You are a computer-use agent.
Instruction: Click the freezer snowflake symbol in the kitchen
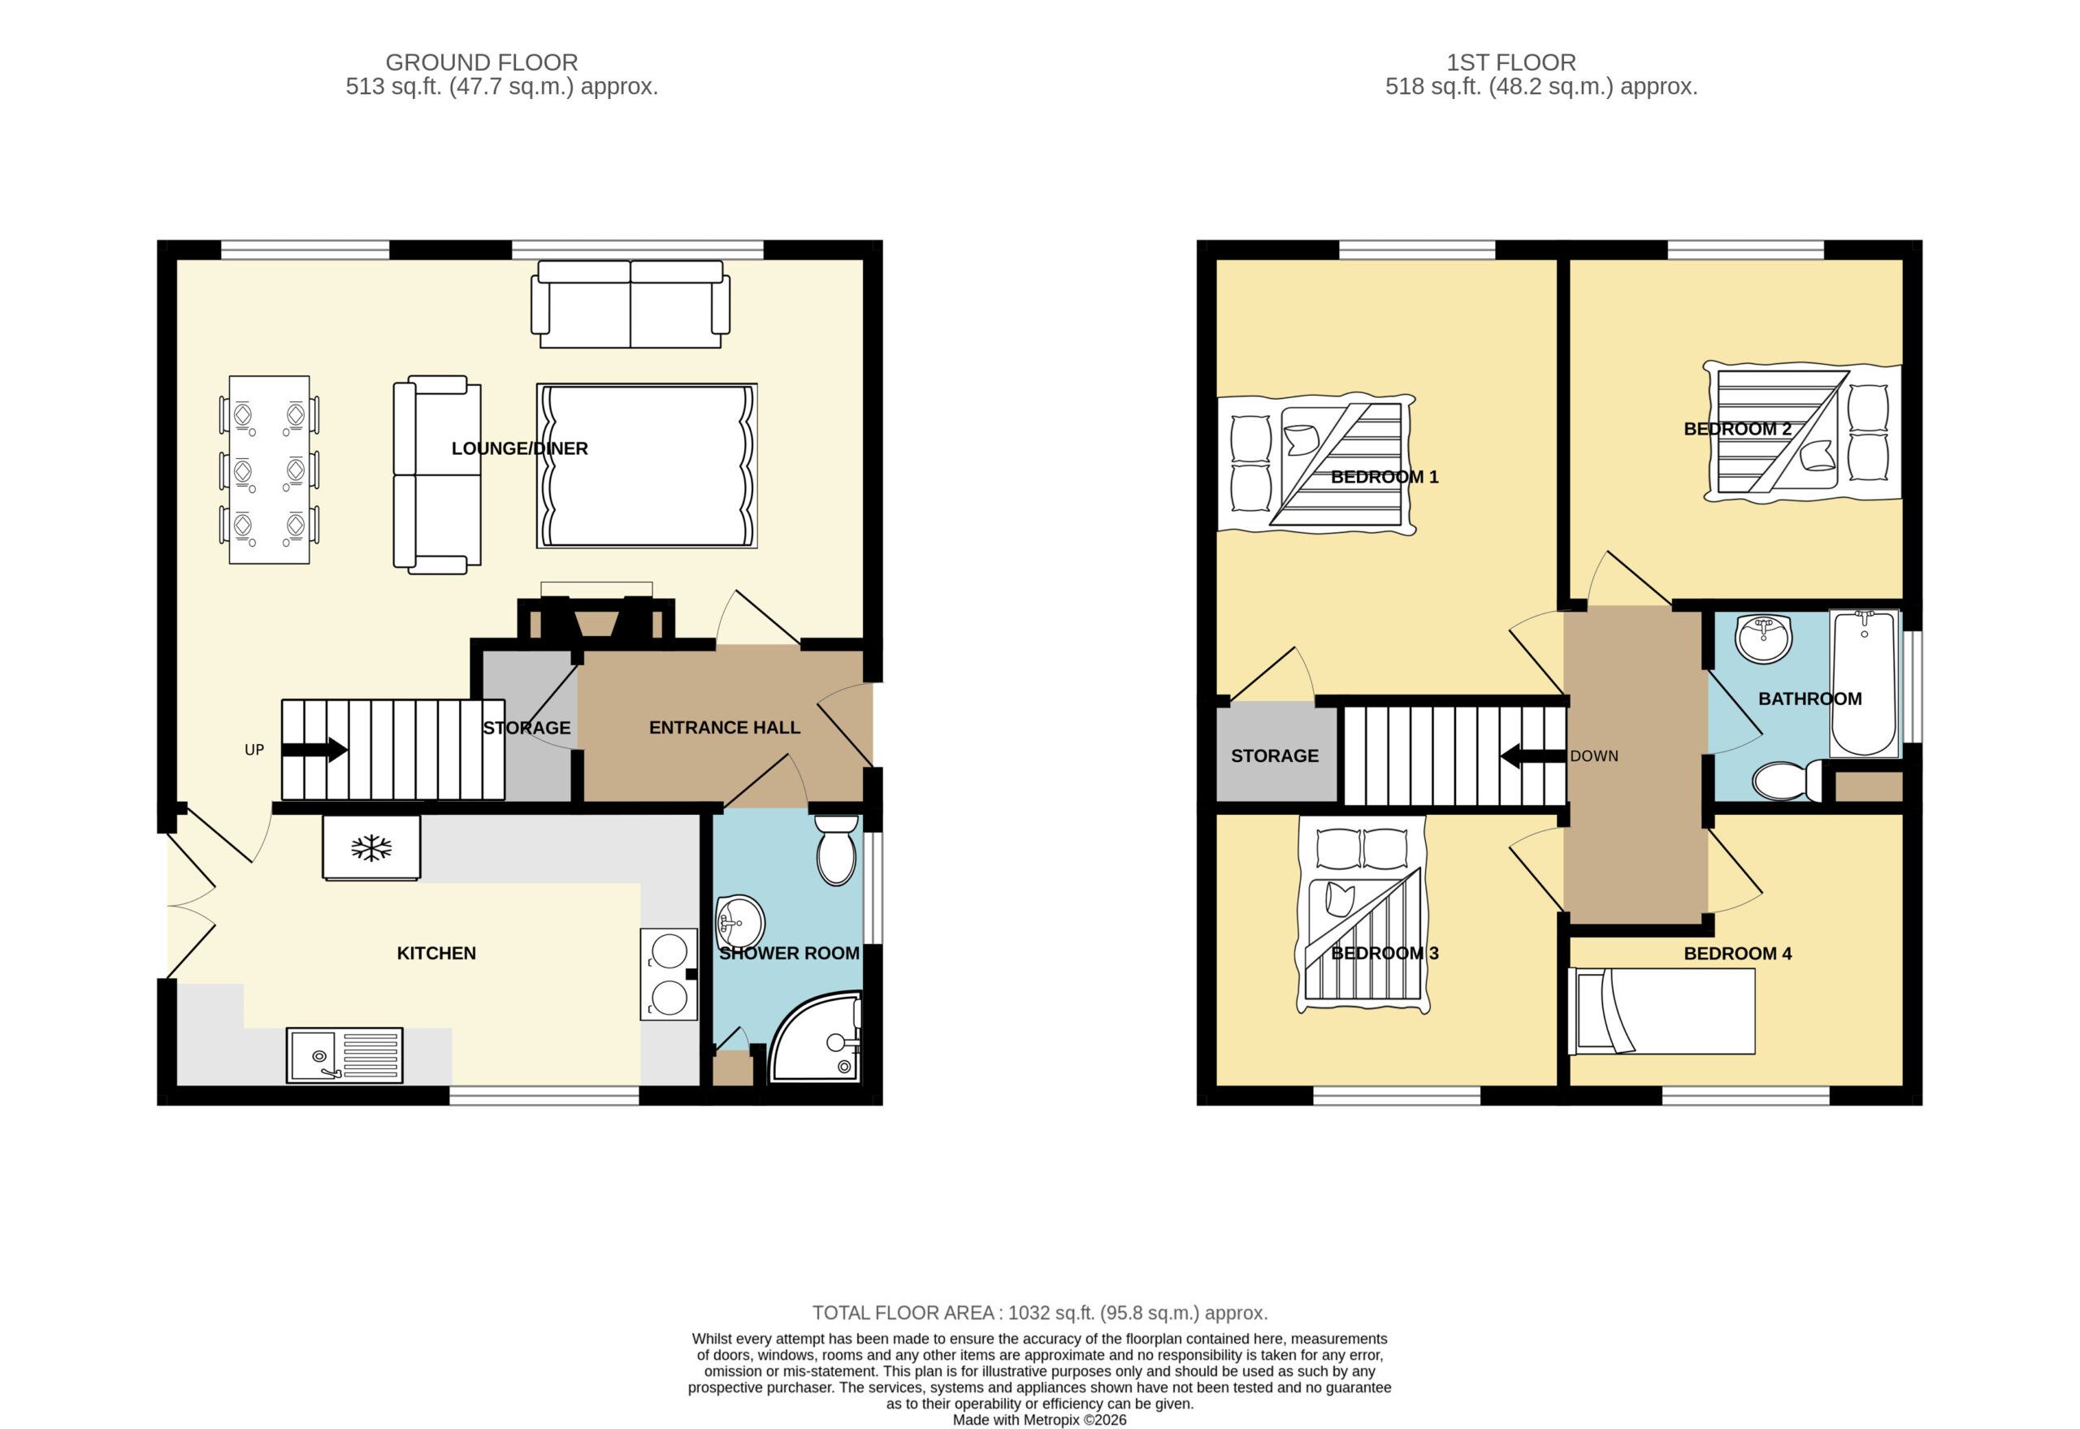pyautogui.click(x=370, y=848)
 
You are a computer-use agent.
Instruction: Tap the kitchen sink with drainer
pyautogui.click(x=344, y=1054)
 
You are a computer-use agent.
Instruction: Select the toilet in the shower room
pyautogui.click(x=836, y=850)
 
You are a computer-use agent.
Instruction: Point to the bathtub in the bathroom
pyautogui.click(x=1864, y=683)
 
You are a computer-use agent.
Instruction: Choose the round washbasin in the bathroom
pyautogui.click(x=1763, y=639)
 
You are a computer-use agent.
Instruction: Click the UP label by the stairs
pyautogui.click(x=254, y=749)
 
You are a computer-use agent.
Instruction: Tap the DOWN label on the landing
pyautogui.click(x=1594, y=756)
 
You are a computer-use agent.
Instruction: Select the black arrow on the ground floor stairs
pyautogui.click(x=314, y=749)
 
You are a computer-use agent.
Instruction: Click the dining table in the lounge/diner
pyautogui.click(x=270, y=470)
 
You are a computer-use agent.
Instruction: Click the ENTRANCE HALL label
pyautogui.click(x=725, y=728)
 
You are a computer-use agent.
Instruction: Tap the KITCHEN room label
pyautogui.click(x=436, y=954)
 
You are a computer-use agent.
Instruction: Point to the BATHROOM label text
pyautogui.click(x=1809, y=699)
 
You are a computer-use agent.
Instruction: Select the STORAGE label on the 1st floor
pyautogui.click(x=1274, y=756)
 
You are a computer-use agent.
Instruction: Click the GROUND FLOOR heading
pyautogui.click(x=482, y=63)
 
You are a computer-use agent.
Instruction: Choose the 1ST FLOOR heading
pyautogui.click(x=1511, y=63)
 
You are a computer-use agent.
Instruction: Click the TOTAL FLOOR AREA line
pyautogui.click(x=1039, y=1313)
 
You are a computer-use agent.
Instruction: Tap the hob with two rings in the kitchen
pyautogui.click(x=669, y=974)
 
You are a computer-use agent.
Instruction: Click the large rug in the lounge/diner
pyautogui.click(x=647, y=466)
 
